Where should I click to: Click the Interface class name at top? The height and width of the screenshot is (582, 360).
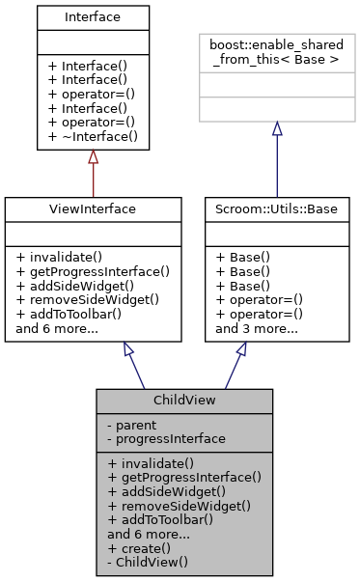click(93, 17)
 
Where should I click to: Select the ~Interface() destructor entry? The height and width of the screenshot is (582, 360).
click(93, 137)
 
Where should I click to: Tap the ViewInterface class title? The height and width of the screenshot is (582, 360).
click(93, 208)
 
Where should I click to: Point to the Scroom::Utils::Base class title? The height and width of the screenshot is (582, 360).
click(276, 208)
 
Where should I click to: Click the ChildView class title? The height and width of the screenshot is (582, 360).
click(183, 400)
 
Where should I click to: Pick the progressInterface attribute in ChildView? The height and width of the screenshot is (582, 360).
click(168, 437)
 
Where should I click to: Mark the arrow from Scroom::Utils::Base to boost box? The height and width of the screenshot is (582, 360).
click(276, 159)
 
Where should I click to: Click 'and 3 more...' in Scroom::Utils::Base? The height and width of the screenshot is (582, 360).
click(256, 328)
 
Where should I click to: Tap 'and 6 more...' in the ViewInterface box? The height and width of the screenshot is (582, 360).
click(57, 328)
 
